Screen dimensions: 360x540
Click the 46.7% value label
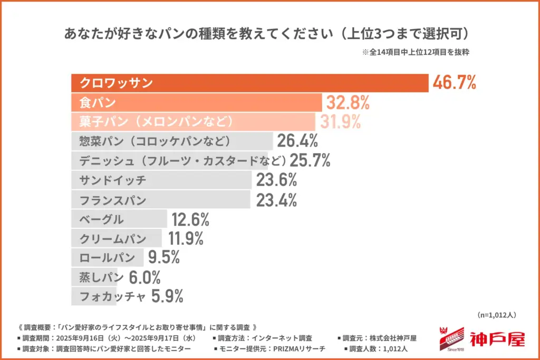click(454, 83)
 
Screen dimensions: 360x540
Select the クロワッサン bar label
click(116, 83)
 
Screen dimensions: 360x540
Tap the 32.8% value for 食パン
click(348, 102)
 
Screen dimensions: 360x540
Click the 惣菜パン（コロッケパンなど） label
click(155, 141)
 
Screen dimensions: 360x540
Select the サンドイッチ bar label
click(112, 180)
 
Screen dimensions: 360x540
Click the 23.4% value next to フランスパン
click(276, 200)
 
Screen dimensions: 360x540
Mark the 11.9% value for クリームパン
click(186, 239)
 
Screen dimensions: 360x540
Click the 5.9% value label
click(167, 297)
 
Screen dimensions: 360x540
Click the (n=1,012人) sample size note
click(496, 315)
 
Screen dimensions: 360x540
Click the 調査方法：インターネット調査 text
click(263, 338)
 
